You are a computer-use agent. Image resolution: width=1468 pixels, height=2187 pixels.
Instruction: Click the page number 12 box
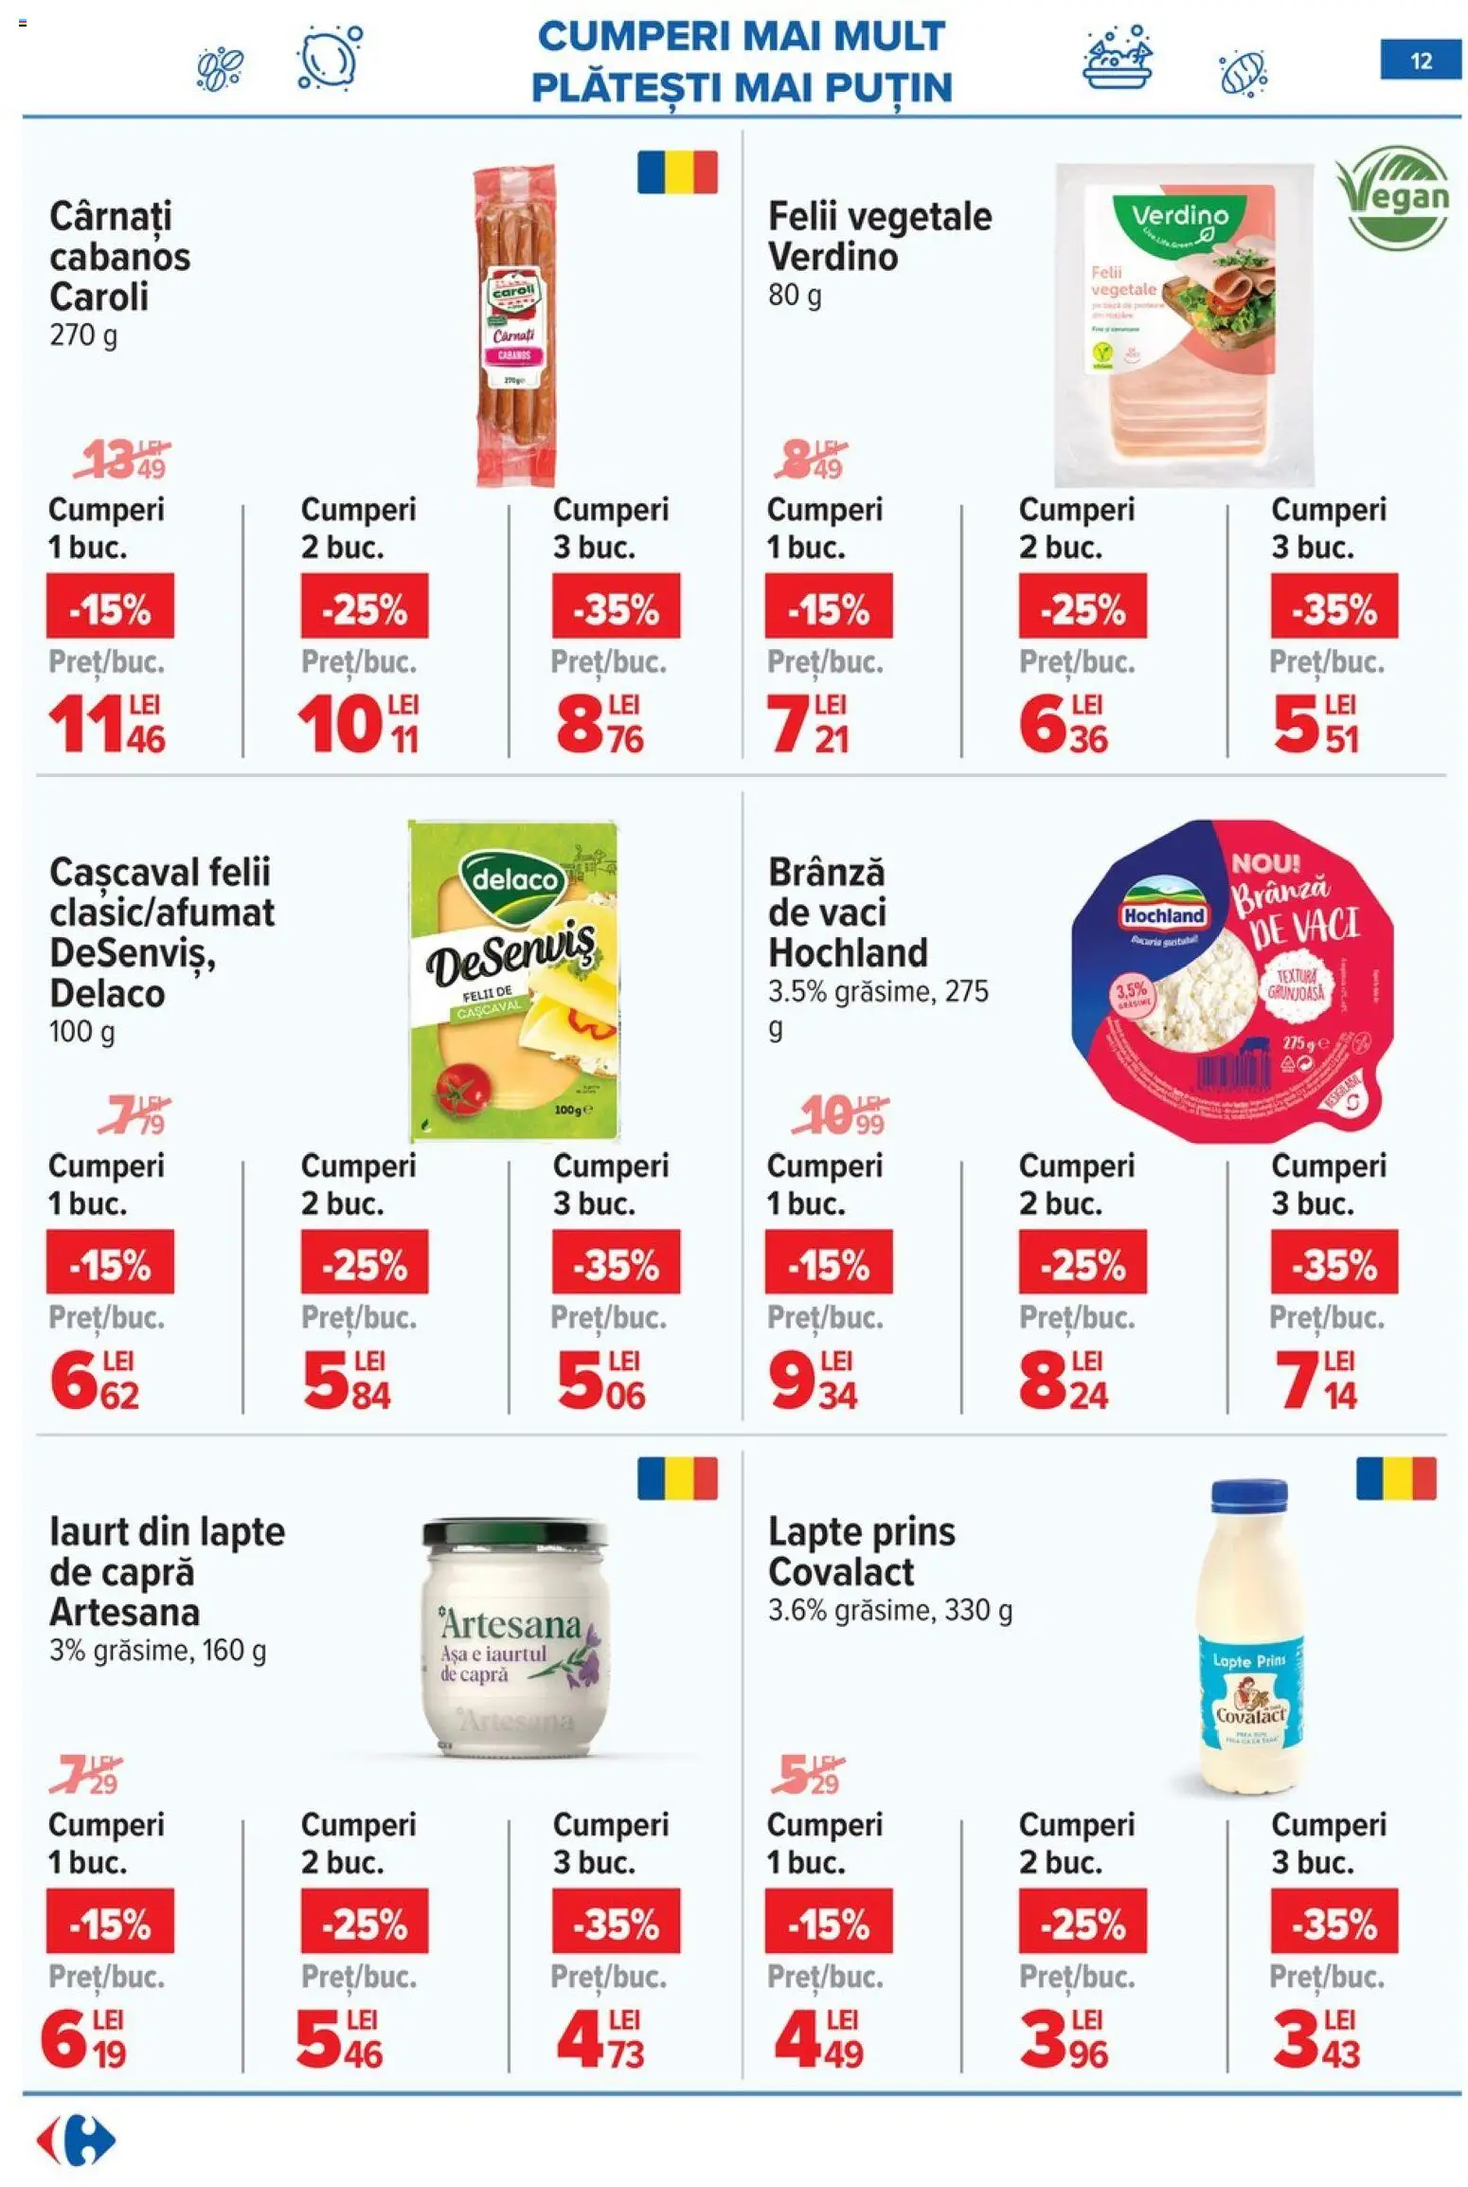1420,61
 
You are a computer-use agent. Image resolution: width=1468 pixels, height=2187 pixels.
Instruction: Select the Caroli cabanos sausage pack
513,324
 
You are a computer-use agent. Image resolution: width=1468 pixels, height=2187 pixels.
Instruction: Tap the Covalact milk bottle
1249,1636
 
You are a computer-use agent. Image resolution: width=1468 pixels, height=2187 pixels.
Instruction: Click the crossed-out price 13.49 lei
123,459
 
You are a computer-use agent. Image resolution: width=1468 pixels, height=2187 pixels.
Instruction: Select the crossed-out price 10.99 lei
839,1115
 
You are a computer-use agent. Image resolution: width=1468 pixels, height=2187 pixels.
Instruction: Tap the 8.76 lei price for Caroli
600,724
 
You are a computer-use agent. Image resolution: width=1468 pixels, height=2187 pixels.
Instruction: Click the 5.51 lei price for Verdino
1316,724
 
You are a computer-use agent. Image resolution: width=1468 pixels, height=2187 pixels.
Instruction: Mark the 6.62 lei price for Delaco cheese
95,1381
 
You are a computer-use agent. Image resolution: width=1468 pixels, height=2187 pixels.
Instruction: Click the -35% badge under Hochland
1334,1261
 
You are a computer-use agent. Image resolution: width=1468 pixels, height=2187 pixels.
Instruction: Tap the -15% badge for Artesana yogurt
110,1920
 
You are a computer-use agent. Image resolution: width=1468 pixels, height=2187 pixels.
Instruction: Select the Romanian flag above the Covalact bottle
1395,1478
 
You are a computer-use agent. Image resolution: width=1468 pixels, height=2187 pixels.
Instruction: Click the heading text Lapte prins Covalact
861,1550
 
